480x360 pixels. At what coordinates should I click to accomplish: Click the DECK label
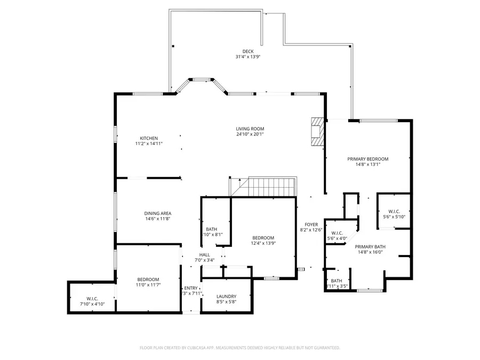247,51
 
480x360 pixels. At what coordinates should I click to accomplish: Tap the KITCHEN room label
149,138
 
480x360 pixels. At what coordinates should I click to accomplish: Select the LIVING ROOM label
250,129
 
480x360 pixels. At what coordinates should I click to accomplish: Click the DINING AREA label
158,213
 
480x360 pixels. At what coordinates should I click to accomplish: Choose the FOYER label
311,225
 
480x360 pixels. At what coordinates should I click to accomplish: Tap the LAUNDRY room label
226,297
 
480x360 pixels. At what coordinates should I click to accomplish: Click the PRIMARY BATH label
370,246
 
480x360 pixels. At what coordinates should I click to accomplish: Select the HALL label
205,255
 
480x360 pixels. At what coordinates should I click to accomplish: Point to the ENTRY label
191,287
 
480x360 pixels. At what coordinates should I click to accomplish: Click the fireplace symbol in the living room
317,131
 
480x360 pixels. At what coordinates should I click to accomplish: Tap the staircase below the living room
271,187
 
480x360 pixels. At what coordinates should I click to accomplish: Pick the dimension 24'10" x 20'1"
250,134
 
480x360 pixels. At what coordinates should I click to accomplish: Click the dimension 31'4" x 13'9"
247,57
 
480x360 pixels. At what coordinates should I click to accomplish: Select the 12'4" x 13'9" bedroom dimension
263,243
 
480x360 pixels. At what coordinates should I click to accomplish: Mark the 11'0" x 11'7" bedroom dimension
148,285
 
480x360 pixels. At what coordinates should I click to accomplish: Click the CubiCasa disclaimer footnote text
239,348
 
